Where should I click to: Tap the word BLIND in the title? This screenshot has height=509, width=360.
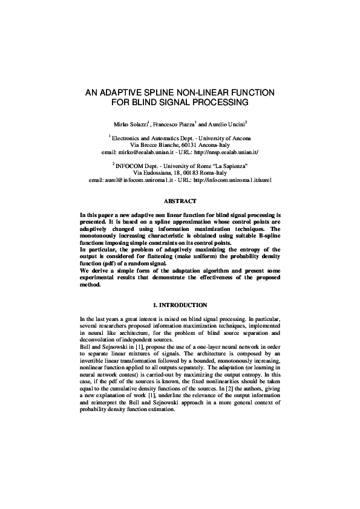(148, 103)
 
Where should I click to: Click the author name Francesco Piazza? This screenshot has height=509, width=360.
(175, 124)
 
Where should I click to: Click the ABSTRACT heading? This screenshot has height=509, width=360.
(180, 201)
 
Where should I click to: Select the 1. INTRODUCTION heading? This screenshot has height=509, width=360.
(180, 305)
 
